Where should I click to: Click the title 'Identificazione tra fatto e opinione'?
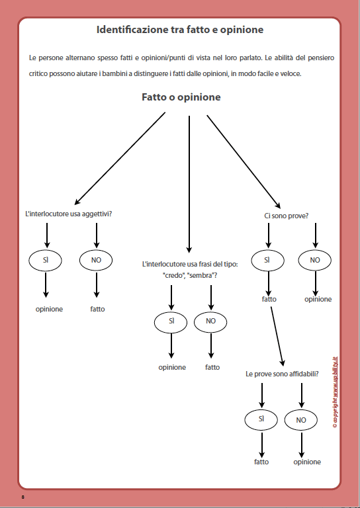180,30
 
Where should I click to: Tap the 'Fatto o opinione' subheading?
181,97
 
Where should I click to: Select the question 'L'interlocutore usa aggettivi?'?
67,214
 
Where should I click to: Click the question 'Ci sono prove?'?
286,216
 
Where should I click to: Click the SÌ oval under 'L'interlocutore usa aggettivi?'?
46,260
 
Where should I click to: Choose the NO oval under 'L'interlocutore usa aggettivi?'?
96,260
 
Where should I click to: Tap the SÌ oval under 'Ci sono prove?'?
267,260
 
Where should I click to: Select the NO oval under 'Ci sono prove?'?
315,260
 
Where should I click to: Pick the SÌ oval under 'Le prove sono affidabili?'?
261,419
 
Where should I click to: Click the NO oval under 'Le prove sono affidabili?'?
301,419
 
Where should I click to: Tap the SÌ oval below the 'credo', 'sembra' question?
171,321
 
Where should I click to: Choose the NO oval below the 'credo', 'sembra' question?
211,321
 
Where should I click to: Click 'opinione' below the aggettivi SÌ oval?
49,309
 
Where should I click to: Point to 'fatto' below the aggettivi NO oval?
97,309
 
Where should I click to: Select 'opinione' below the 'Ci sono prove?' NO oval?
318,299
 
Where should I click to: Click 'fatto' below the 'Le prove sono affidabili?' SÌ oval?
261,462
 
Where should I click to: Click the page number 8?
23,496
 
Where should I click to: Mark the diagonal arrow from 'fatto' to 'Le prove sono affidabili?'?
277,334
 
